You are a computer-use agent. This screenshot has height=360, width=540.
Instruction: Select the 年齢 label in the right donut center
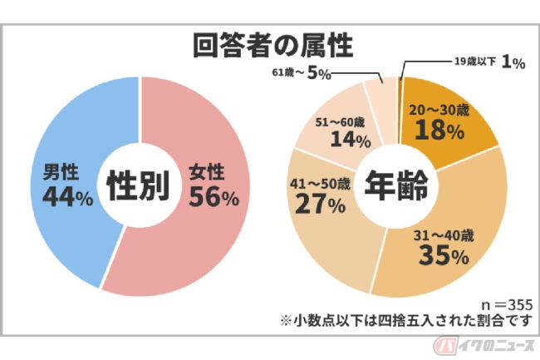click(398, 186)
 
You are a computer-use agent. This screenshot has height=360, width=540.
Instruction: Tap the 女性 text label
click(207, 173)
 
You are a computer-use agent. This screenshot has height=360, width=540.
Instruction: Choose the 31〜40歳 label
click(449, 234)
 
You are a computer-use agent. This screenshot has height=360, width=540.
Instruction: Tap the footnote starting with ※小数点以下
click(405, 320)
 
